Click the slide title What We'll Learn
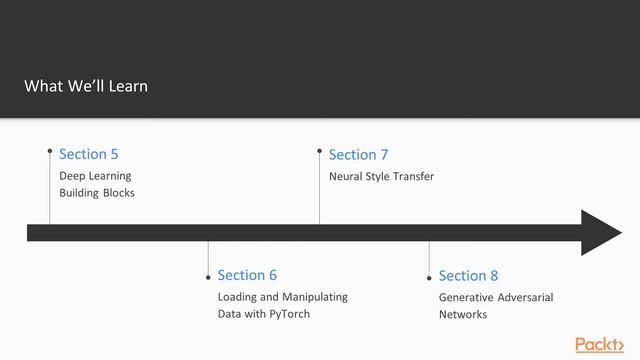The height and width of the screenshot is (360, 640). tap(86, 86)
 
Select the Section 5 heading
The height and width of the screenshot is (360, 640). tap(88, 154)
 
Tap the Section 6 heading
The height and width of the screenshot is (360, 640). tap(247, 275)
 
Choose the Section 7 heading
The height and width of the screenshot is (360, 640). tap(358, 154)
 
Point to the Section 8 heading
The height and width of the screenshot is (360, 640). tap(468, 275)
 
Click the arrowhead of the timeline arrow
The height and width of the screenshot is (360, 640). tap(602, 233)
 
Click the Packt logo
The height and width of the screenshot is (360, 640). tap(599, 344)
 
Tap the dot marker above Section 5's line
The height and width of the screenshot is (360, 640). tap(50, 151)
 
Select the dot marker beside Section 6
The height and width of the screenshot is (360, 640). tap(208, 277)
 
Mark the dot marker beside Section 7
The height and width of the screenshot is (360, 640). tap(320, 152)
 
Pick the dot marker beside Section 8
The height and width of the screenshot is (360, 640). tap(429, 277)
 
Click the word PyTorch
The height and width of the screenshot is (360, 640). tap(289, 314)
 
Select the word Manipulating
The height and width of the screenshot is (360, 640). tap(314, 297)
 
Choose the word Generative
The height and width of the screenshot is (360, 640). tap(464, 297)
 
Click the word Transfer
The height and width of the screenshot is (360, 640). tap(414, 176)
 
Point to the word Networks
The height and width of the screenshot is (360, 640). tap(463, 314)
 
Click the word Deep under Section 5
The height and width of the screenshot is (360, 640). tap(72, 176)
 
